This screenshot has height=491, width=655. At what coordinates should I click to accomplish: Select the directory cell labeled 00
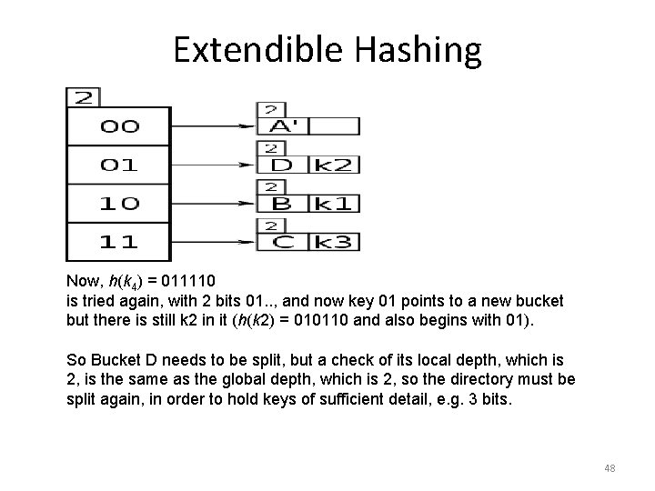click(x=118, y=127)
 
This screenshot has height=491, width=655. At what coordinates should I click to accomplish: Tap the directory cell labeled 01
click(x=118, y=165)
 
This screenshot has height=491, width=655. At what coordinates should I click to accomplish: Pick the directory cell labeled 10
click(x=118, y=203)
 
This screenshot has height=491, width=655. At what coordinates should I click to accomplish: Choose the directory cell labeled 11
click(x=118, y=241)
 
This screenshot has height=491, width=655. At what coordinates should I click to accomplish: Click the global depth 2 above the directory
click(x=84, y=96)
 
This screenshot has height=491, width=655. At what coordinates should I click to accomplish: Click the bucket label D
click(x=282, y=165)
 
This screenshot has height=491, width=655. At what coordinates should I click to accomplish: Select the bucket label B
click(x=282, y=203)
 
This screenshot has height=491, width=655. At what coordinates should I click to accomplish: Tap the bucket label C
click(x=282, y=242)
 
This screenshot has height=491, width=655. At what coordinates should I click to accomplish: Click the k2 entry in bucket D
click(x=336, y=165)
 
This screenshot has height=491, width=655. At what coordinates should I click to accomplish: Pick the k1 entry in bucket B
click(x=336, y=203)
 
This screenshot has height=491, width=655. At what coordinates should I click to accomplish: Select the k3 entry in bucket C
click(x=336, y=242)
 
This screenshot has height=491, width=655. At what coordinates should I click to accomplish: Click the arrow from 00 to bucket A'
click(x=213, y=126)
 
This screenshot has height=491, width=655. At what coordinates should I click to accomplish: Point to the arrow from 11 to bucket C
click(x=213, y=241)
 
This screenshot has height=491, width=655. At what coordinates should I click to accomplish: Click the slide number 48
click(x=610, y=468)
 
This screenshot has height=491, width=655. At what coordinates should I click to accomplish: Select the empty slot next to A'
click(x=336, y=126)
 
